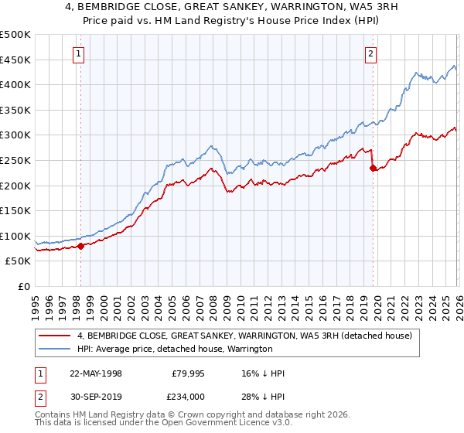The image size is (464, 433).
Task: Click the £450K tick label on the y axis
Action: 15,60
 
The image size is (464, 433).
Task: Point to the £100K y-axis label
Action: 15,236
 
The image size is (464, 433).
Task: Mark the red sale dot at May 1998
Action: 80,246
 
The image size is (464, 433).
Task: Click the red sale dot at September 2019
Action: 373,168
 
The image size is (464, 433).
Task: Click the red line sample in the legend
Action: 55,336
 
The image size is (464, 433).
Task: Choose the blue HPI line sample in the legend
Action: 55,349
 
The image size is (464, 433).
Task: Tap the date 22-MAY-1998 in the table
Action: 96,373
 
